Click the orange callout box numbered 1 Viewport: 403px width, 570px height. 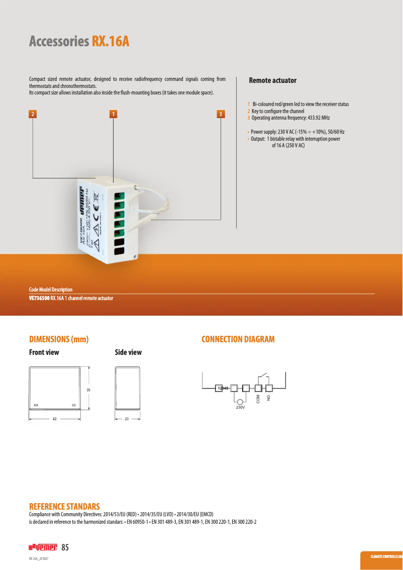click(114, 114)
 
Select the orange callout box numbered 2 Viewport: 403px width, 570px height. click(33, 114)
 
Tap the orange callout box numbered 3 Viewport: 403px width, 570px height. click(221, 114)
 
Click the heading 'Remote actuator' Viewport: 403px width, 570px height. click(272, 80)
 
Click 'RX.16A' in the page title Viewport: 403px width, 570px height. click(110, 41)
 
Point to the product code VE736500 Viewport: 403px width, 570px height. click(39, 298)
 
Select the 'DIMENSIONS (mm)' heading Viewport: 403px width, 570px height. click(59, 339)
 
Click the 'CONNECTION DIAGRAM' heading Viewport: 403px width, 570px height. click(238, 339)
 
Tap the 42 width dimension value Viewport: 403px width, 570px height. click(54, 419)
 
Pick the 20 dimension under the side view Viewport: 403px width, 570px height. click(127, 419)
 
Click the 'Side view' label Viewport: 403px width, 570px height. click(128, 352)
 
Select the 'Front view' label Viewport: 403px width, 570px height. click(44, 352)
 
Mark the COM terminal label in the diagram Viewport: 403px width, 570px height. click(258, 398)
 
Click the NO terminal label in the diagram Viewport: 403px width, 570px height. click(269, 398)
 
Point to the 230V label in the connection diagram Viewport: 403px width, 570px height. click(240, 407)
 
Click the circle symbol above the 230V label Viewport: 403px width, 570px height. click(240, 402)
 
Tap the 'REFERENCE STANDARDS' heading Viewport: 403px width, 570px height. click(64, 506)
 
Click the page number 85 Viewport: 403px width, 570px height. click(65, 547)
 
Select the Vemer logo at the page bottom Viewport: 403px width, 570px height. click(42, 547)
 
